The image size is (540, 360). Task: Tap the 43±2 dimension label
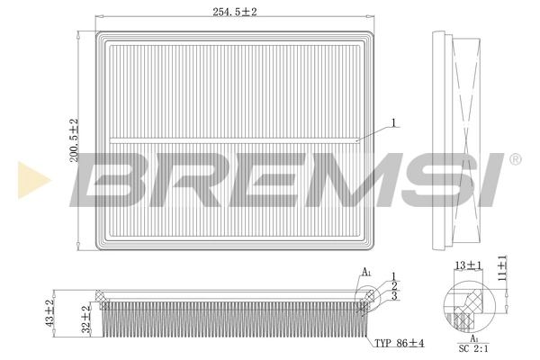(50, 315)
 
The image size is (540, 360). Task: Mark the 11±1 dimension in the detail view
(502, 269)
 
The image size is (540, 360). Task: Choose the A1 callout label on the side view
(366, 272)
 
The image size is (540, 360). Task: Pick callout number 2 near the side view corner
(393, 285)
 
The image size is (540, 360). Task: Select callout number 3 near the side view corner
(393, 296)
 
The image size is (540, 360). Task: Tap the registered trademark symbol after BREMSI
(514, 159)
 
